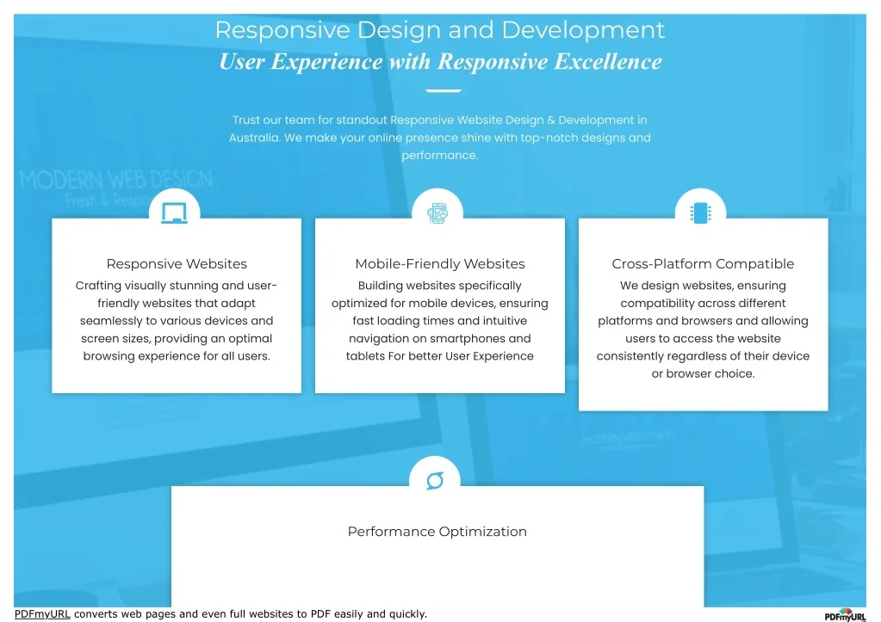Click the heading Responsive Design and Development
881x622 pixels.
pyautogui.click(x=439, y=30)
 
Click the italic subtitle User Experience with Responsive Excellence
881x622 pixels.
pyautogui.click(x=440, y=62)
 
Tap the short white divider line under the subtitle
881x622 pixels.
pyautogui.click(x=444, y=90)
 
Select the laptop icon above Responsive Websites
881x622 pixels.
pyautogui.click(x=174, y=212)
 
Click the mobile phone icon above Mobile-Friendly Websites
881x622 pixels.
pyautogui.click(x=437, y=213)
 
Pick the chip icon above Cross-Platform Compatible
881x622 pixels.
pyautogui.click(x=700, y=212)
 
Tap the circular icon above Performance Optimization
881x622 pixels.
pyautogui.click(x=435, y=480)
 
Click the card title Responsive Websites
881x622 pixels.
pyautogui.click(x=177, y=264)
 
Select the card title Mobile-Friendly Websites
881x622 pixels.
pyautogui.click(x=440, y=264)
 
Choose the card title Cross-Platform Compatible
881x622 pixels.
pyautogui.click(x=703, y=264)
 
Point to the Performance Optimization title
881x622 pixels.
pyautogui.click(x=437, y=532)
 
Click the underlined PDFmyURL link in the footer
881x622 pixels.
pyautogui.click(x=42, y=614)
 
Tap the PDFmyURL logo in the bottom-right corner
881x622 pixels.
pyautogui.click(x=844, y=615)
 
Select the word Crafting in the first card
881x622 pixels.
pyautogui.click(x=99, y=286)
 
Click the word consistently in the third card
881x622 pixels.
pyautogui.click(x=634, y=356)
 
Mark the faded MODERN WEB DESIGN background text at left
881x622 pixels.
pyautogui.click(x=116, y=181)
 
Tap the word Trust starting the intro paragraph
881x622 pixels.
pyautogui.click(x=245, y=120)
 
